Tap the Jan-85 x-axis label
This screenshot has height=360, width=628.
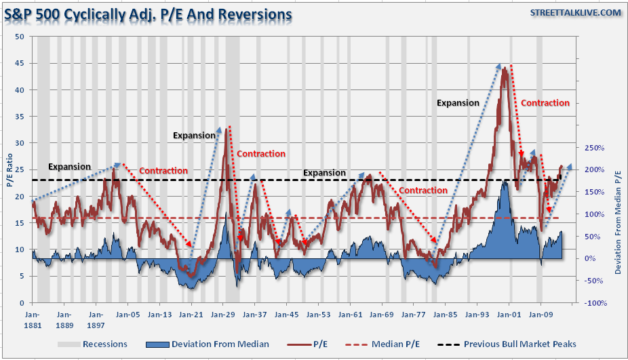pyautogui.click(x=445, y=315)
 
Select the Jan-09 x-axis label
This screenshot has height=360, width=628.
pyautogui.click(x=540, y=315)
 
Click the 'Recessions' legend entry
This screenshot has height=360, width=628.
pyautogui.click(x=104, y=344)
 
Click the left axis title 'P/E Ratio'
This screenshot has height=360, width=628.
pyautogui.click(x=9, y=169)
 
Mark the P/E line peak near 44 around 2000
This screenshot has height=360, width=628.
pyautogui.click(x=504, y=68)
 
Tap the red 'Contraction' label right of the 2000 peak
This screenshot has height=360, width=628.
pyautogui.click(x=545, y=103)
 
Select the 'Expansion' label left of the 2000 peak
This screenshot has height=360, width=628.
pyautogui.click(x=458, y=103)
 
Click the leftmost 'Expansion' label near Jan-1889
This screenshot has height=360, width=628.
pyautogui.click(x=68, y=167)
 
